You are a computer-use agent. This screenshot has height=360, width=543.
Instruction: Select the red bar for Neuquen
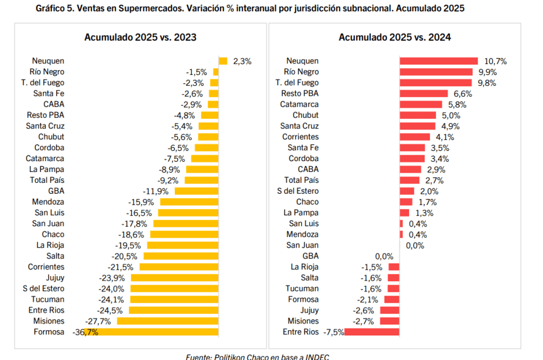[x=438, y=61]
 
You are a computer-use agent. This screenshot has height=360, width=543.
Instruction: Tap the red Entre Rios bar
[x=372, y=332]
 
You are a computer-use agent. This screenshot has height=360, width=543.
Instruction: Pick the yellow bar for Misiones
[x=167, y=321]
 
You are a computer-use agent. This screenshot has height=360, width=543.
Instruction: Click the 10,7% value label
[x=496, y=61]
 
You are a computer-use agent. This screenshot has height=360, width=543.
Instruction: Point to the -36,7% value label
[x=85, y=332]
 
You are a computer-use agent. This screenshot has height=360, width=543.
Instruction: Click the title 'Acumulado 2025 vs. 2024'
[x=395, y=37]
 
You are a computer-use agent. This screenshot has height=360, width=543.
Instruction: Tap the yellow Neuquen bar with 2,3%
[x=223, y=61]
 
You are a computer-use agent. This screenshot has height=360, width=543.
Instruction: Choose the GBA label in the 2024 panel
[x=310, y=256]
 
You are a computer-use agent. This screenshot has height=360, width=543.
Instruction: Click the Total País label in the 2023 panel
[x=47, y=180]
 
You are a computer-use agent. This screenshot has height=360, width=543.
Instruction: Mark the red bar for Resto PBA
[x=424, y=94]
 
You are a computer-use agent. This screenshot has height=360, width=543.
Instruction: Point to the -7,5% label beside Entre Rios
[x=334, y=332]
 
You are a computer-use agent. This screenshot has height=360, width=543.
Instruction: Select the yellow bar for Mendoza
[x=189, y=202]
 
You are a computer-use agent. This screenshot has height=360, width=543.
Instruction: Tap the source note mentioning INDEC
[x=257, y=357]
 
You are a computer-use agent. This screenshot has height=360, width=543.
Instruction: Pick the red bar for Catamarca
[x=421, y=105]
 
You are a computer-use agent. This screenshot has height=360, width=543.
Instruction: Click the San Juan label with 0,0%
[x=302, y=245]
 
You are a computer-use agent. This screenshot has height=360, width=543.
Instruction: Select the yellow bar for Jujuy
[x=174, y=278]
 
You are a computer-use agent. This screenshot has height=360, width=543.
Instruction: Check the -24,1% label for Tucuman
[x=114, y=299]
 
